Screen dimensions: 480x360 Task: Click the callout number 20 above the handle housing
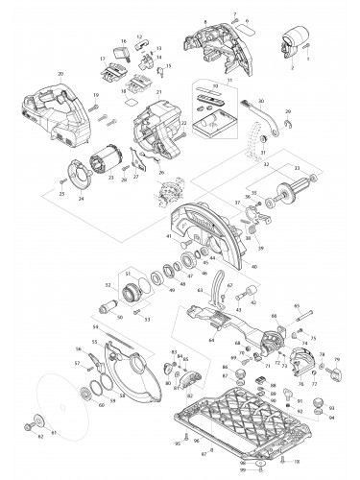[60, 74]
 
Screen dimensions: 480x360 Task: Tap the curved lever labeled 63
[220, 287]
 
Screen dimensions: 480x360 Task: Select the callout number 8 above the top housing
[204, 21]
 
